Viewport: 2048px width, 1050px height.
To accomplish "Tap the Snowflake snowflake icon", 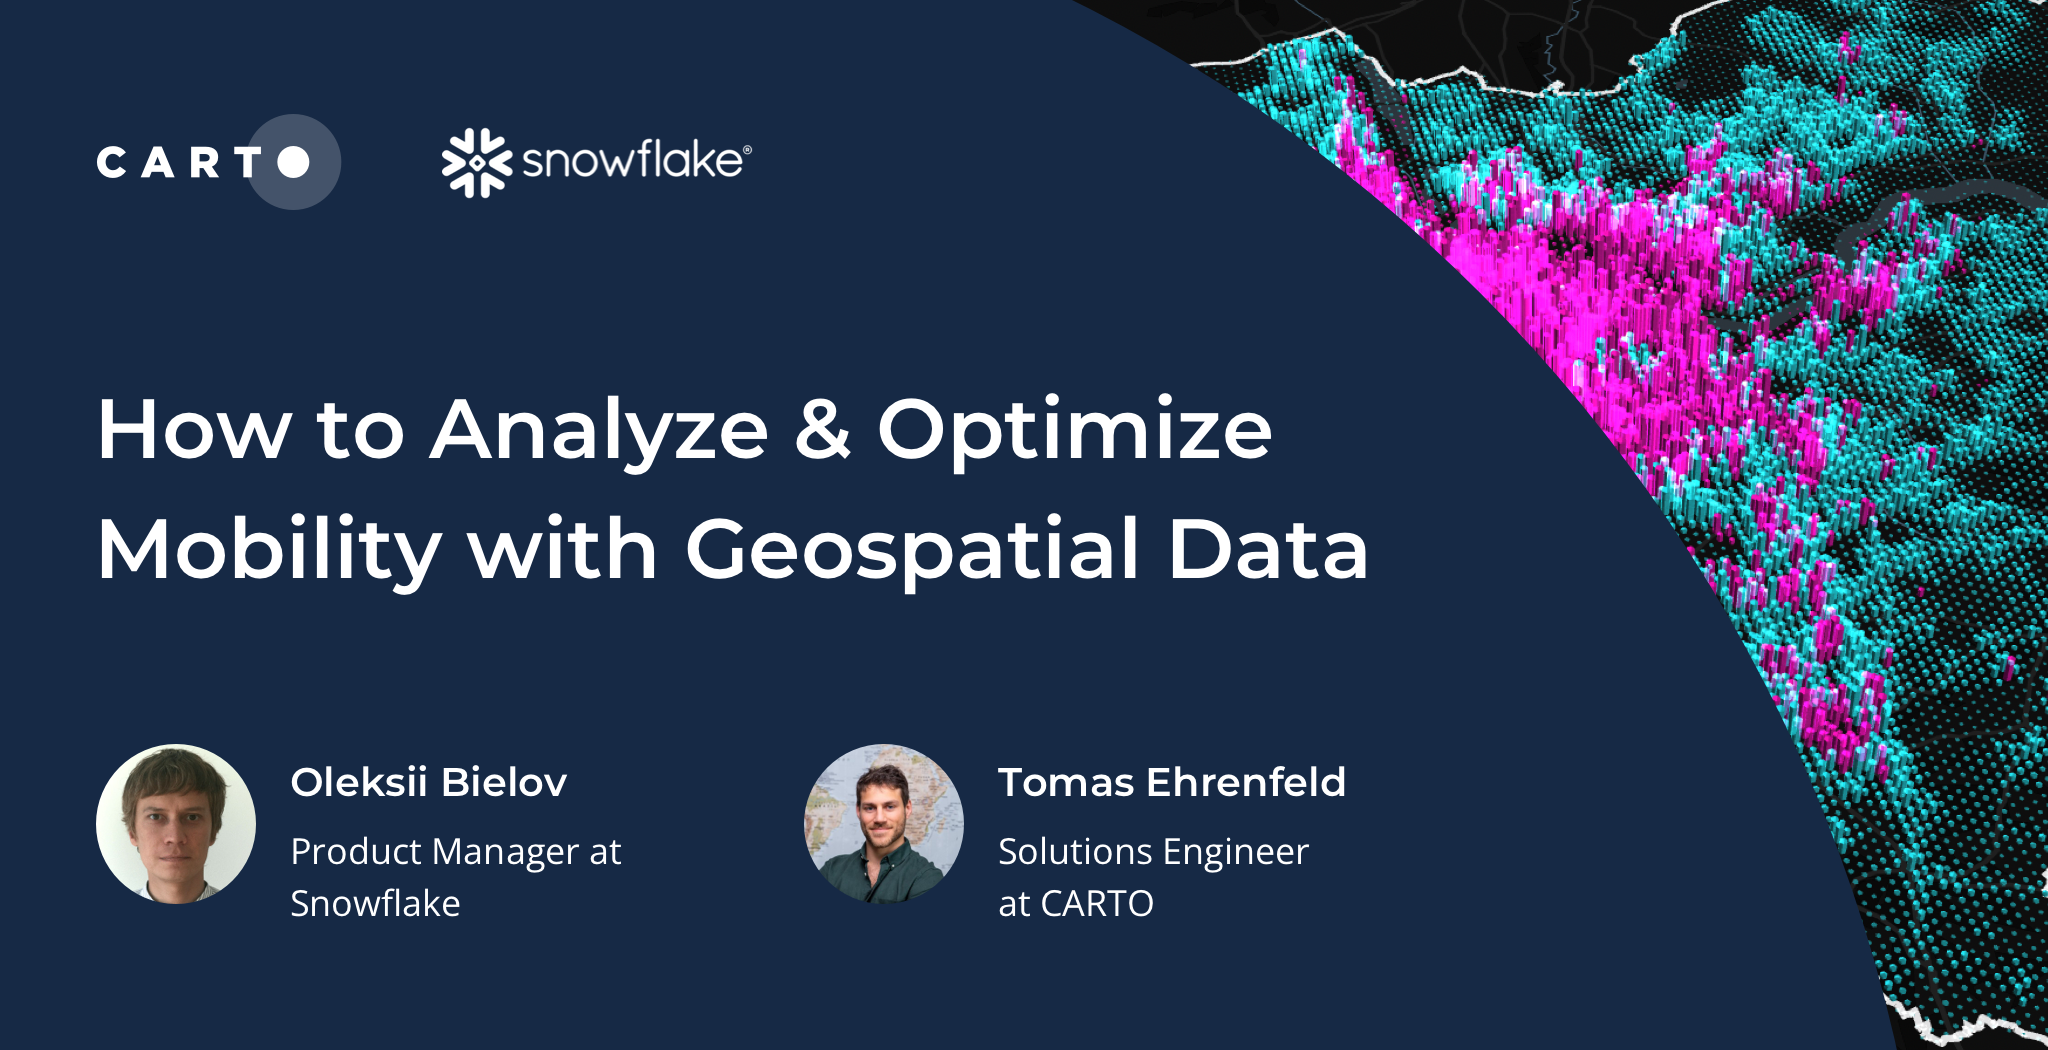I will [x=476, y=162].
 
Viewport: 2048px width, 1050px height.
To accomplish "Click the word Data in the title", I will [x=1267, y=550].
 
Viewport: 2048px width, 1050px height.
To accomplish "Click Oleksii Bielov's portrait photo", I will [x=176, y=824].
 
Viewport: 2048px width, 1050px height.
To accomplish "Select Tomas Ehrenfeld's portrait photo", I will [x=884, y=824].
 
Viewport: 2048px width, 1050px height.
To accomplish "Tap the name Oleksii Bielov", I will [x=428, y=782].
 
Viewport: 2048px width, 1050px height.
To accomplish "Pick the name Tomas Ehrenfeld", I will [x=1171, y=782].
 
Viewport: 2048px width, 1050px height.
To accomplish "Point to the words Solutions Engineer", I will [x=1153, y=852].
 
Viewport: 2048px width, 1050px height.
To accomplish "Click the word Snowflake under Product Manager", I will [x=375, y=904].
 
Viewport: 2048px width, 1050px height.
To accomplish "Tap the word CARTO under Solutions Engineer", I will [x=1097, y=904].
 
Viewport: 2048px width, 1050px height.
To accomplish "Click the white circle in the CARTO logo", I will [x=293, y=162].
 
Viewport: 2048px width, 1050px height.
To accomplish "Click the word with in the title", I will [x=562, y=550].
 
